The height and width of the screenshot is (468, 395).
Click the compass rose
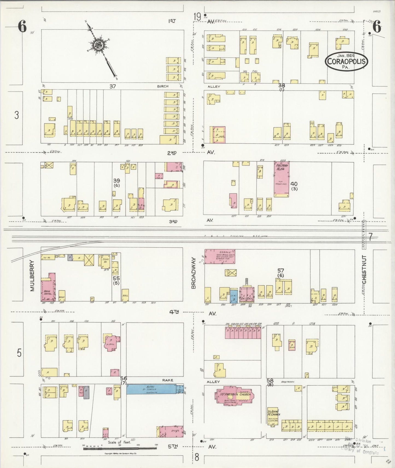point(98,45)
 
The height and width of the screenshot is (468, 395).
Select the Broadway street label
point(194,273)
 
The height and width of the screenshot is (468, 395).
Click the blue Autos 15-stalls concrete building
point(151,389)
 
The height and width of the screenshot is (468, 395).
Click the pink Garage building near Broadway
point(220,256)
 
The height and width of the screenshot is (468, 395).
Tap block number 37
point(112,86)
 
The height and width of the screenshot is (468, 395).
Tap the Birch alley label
point(163,86)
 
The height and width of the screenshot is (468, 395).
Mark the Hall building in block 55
point(125,295)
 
